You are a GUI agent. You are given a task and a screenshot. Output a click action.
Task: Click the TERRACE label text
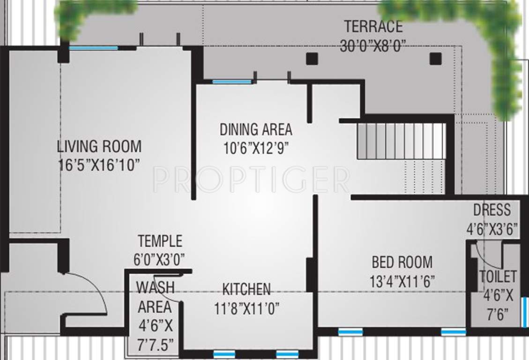pos(373,26)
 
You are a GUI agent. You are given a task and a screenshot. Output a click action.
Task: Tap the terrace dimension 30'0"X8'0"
pos(373,46)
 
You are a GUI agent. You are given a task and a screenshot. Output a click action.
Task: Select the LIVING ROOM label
pos(99,146)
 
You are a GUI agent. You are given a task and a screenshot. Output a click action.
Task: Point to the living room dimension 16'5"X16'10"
pos(99,165)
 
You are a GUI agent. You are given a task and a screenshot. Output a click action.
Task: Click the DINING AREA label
pos(256,129)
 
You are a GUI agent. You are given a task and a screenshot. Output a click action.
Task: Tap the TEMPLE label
pos(160,241)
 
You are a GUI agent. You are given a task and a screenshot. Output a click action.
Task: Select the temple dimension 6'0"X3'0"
pos(159,259)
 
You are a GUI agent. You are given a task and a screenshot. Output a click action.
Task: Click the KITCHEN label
pos(246,289)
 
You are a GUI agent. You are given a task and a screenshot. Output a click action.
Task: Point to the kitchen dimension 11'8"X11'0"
pos(247,308)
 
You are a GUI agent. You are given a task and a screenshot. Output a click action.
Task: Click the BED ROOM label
pos(402,262)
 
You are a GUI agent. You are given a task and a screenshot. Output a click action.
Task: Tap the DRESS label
pos(492,210)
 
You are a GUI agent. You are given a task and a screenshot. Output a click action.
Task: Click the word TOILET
pos(498,277)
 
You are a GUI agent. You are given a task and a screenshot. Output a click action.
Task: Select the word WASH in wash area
pos(155,287)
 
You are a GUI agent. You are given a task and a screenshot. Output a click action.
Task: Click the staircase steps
pos(401,141)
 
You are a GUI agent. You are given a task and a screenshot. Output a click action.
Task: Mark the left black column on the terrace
pos(312,59)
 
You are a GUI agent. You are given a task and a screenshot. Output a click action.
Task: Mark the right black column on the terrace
pos(436,58)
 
